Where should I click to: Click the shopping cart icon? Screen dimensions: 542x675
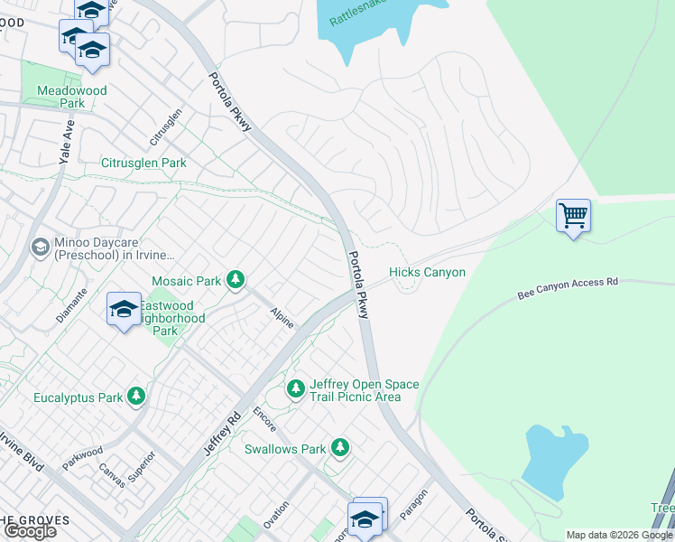(573, 216)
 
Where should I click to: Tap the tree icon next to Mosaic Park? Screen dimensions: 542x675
(236, 281)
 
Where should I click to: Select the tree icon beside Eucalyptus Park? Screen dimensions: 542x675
(136, 397)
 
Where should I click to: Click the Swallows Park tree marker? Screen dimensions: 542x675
(339, 448)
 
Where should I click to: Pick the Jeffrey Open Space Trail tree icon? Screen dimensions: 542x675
(295, 389)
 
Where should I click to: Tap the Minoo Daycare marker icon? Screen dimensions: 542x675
(40, 247)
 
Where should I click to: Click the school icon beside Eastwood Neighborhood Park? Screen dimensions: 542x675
(124, 310)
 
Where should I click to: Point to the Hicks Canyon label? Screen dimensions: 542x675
(427, 273)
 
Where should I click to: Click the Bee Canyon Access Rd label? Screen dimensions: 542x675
(567, 288)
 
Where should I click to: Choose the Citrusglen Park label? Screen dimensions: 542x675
(143, 164)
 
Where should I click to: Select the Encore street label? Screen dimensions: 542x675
(264, 418)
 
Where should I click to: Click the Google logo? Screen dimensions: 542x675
(31, 531)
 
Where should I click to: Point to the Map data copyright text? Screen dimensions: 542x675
(619, 535)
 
